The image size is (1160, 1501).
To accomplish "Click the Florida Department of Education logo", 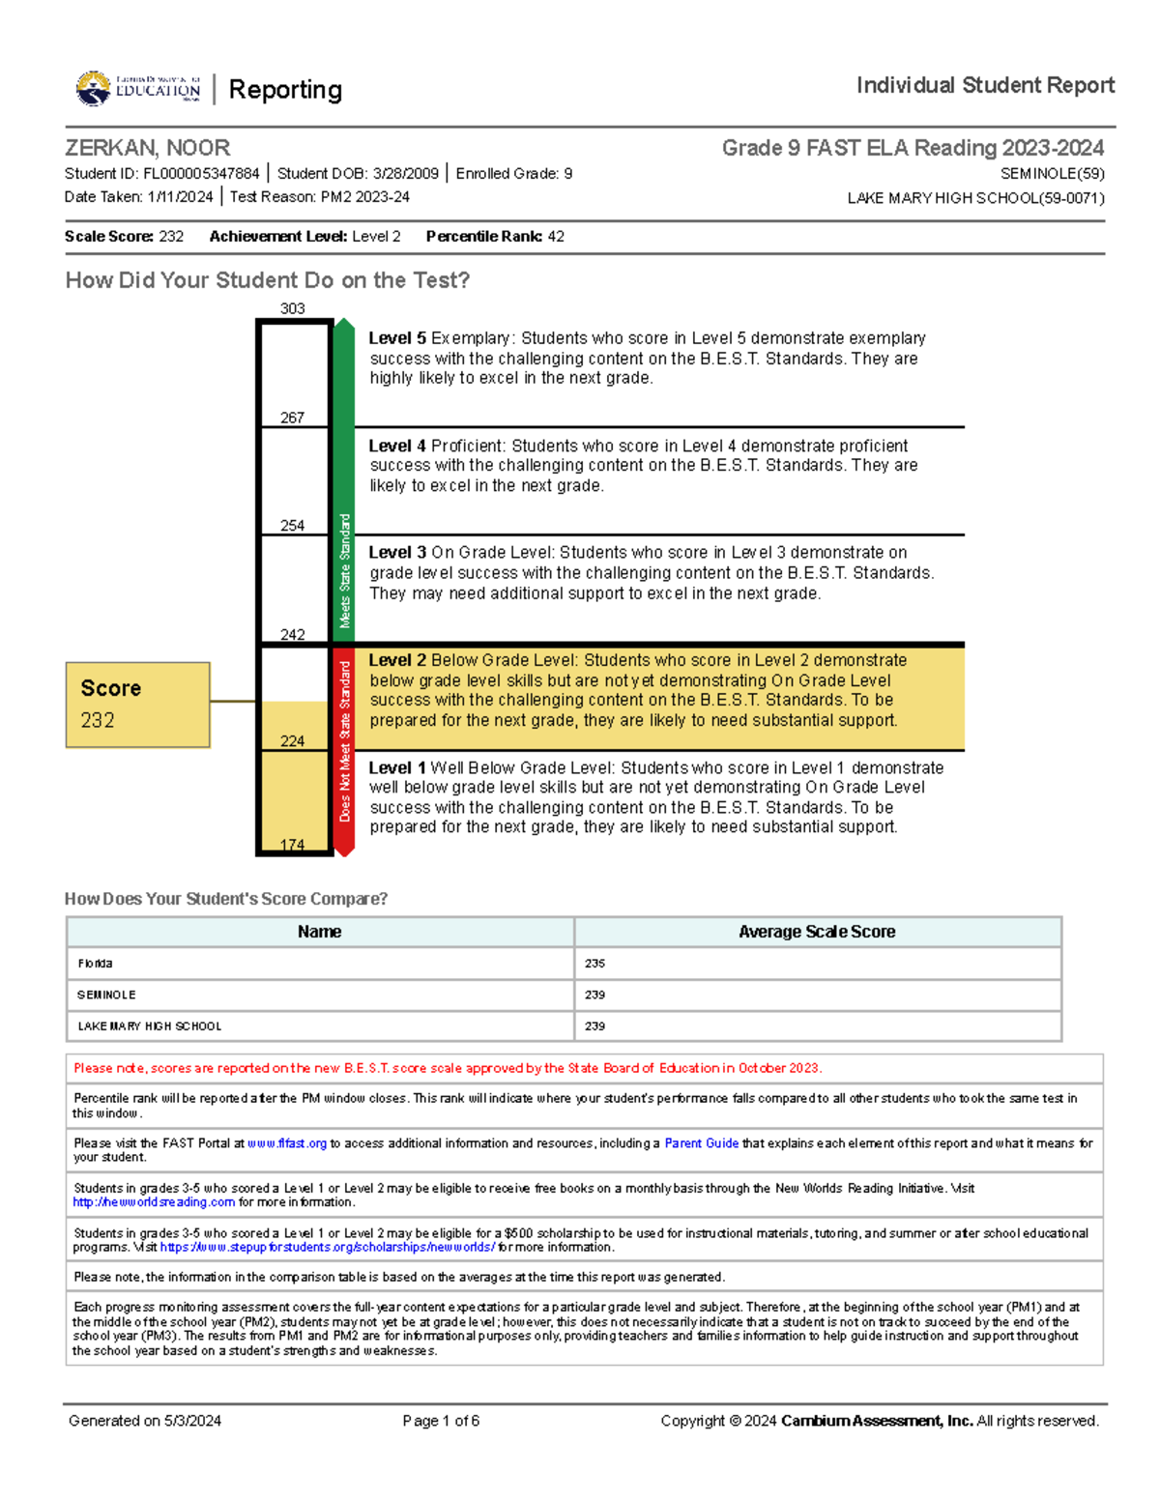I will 138,89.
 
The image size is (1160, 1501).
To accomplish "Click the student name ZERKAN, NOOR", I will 147,148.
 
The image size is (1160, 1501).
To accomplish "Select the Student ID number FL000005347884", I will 201,174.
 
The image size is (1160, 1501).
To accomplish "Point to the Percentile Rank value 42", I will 556,237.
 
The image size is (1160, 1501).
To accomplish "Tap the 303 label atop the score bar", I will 292,309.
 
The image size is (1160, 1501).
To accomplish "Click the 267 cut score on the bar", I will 292,418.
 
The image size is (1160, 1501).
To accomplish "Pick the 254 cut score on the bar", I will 292,526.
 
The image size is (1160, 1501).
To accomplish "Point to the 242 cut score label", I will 292,635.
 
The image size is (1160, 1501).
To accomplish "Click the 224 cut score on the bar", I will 292,741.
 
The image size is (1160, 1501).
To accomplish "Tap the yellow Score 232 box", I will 137,705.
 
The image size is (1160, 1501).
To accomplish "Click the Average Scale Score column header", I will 817,932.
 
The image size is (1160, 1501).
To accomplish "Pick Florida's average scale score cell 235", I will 594,964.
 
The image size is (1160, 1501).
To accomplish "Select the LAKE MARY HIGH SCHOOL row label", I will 150,1026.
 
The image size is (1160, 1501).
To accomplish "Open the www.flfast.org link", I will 287,1143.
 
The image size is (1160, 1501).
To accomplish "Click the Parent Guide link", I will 701,1143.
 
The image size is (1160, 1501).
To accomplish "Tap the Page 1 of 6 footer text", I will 441,1421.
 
